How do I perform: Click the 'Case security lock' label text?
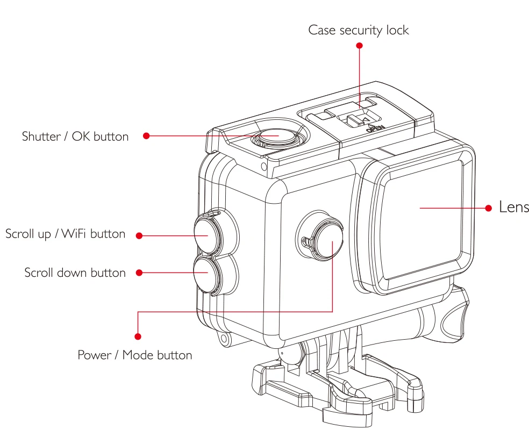click(x=358, y=30)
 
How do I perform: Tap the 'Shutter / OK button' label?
click(x=75, y=137)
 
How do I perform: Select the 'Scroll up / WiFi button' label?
click(x=65, y=234)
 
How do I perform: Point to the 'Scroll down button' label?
click(x=75, y=273)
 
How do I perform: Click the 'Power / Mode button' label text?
click(x=134, y=355)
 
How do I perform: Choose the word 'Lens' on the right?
click(x=513, y=207)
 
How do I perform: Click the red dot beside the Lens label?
click(x=489, y=207)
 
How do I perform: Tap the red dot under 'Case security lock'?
click(x=360, y=46)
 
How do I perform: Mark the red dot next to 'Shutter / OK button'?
click(x=146, y=137)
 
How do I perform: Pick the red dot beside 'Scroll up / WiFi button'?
click(x=139, y=235)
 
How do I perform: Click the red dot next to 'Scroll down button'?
click(x=139, y=273)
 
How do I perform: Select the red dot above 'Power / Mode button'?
click(x=138, y=336)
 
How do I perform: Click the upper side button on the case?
click(x=206, y=230)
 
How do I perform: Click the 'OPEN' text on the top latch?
click(x=373, y=128)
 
